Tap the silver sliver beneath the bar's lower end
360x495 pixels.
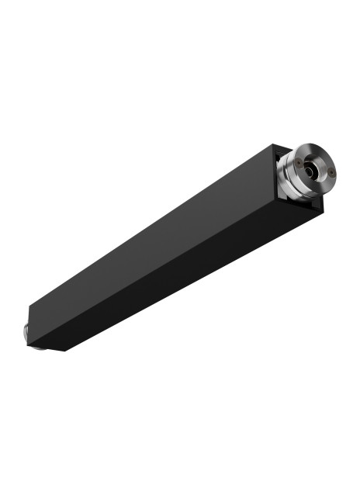[36, 347]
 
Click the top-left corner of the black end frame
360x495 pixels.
[272, 147]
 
